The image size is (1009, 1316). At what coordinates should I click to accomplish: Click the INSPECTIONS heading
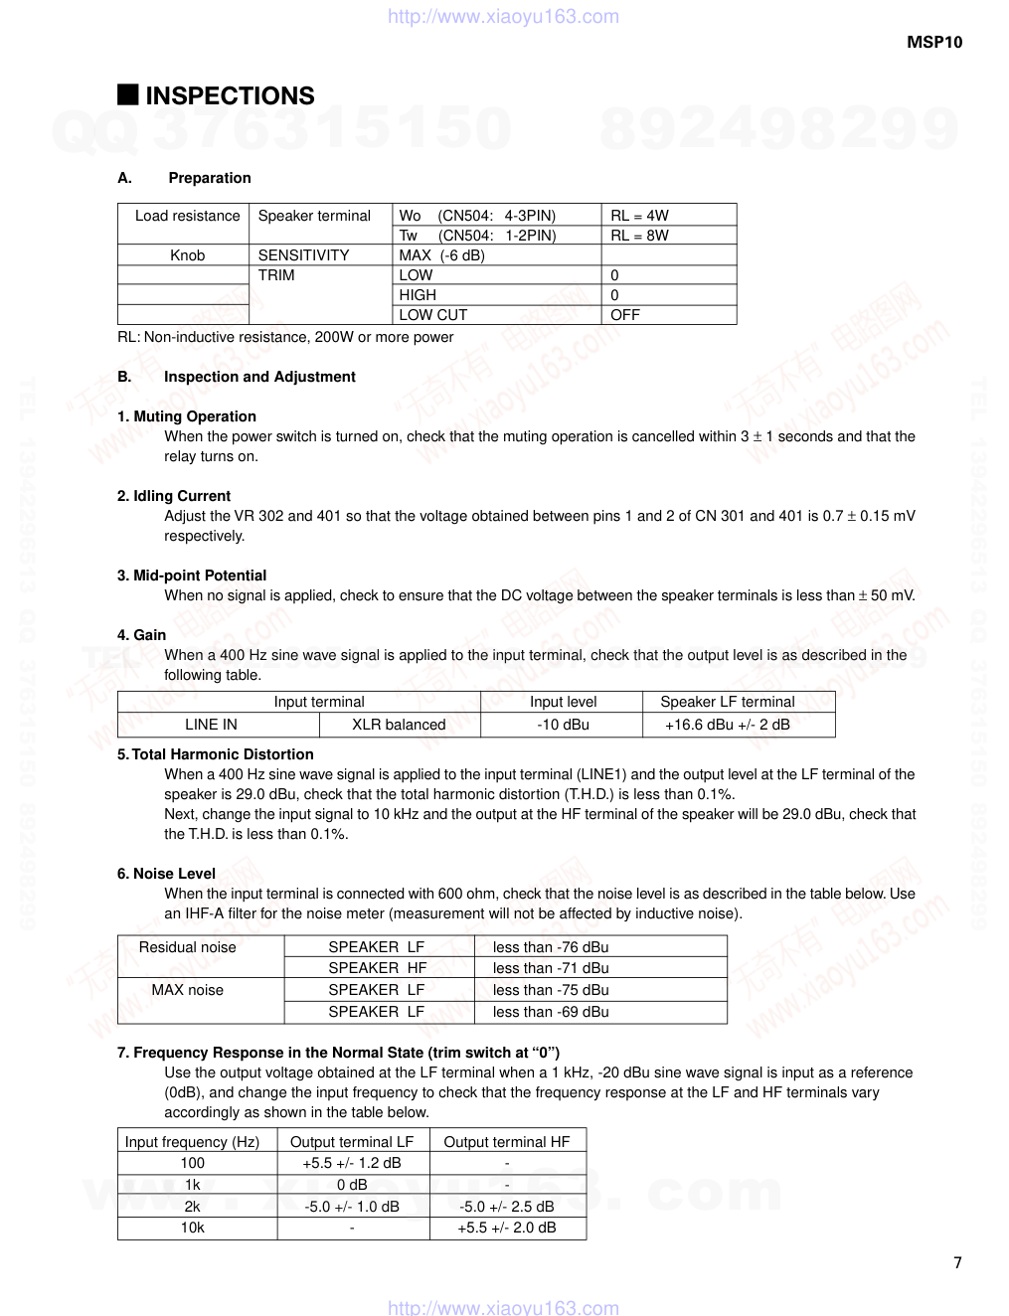(230, 96)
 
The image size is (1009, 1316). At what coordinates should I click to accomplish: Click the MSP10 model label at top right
(934, 43)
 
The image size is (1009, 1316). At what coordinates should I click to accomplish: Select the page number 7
(957, 1263)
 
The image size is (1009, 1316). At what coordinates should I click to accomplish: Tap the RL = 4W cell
(639, 216)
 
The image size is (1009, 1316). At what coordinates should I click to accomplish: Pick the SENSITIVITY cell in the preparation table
(303, 255)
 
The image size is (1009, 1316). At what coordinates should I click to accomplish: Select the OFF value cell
(625, 315)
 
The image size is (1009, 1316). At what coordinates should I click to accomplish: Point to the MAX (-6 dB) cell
(441, 255)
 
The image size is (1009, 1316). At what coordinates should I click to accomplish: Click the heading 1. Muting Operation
(187, 416)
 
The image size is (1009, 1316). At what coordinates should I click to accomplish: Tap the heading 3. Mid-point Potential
(192, 576)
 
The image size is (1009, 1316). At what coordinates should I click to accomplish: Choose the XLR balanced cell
(399, 725)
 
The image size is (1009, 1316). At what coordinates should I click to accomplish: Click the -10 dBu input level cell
(563, 725)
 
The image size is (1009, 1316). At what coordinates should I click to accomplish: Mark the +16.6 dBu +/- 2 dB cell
(728, 725)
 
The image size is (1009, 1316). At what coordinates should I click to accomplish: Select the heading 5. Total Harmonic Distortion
(216, 754)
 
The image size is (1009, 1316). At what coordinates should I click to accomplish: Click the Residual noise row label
(187, 947)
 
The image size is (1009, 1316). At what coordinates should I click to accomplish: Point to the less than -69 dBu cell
(551, 1012)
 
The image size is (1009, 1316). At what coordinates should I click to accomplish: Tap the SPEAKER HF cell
(377, 968)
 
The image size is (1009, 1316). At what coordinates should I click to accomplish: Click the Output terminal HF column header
(507, 1142)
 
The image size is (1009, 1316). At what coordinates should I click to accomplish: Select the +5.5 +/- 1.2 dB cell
(352, 1163)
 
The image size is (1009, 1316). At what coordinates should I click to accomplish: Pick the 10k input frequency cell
(192, 1228)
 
